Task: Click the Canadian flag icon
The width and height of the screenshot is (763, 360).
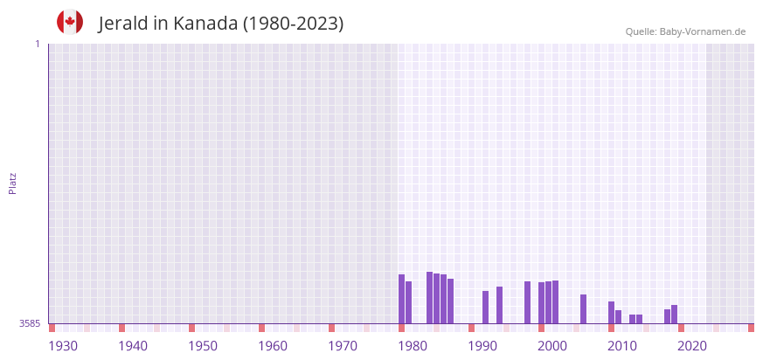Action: click(70, 23)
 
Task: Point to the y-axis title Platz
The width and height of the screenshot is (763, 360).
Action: click(12, 183)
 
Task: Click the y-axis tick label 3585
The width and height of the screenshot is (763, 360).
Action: click(29, 323)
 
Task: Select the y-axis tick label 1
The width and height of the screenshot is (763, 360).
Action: click(37, 44)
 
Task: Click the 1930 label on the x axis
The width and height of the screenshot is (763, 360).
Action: click(63, 346)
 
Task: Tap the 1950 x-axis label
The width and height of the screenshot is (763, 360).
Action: click(203, 346)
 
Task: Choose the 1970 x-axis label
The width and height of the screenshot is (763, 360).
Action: click(343, 346)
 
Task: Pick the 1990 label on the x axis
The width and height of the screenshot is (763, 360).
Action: click(482, 346)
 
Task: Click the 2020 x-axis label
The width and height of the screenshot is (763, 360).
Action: click(692, 346)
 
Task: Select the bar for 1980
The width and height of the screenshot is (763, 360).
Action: click(402, 299)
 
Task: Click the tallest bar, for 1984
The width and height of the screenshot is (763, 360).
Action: click(430, 297)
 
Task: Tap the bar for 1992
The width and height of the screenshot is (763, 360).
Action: click(486, 308)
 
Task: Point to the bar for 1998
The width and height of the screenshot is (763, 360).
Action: click(528, 302)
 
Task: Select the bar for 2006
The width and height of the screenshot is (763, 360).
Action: click(584, 308)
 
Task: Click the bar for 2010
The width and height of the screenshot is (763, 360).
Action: click(612, 312)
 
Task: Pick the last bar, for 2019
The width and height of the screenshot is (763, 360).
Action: click(675, 314)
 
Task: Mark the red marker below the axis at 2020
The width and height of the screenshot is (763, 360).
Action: click(682, 329)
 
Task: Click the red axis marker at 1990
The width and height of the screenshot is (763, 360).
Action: click(472, 329)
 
